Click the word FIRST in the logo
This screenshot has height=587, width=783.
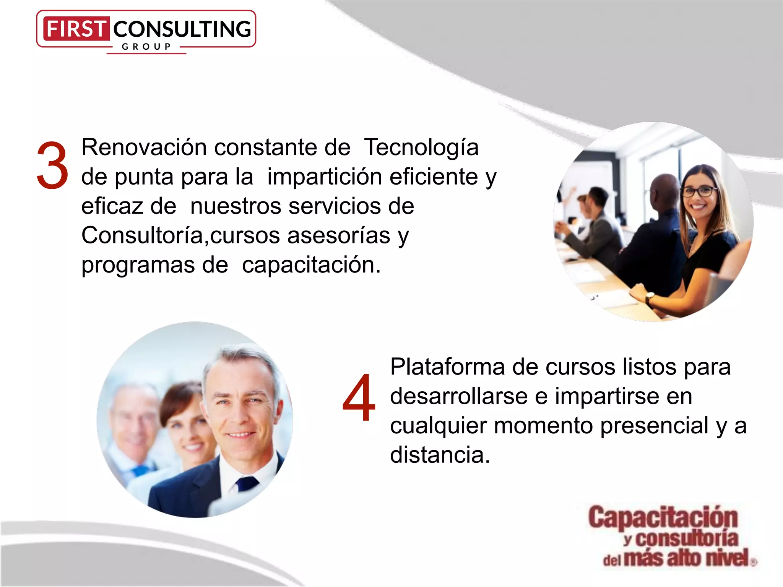coord(76,29)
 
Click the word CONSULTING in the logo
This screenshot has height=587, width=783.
coord(182,29)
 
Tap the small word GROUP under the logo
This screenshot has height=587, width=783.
coord(146,47)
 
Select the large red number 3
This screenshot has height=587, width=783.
coord(52,165)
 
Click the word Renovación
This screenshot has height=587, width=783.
coord(144,147)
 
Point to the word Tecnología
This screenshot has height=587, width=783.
coord(421,148)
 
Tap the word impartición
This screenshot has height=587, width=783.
coord(325,177)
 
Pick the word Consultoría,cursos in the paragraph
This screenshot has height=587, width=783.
coord(180,235)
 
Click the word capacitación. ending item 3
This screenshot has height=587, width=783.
coord(311,264)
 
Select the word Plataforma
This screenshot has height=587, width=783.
coord(447,367)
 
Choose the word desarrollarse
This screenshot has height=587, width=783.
coord(459,396)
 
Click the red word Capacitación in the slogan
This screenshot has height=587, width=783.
coord(663,517)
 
